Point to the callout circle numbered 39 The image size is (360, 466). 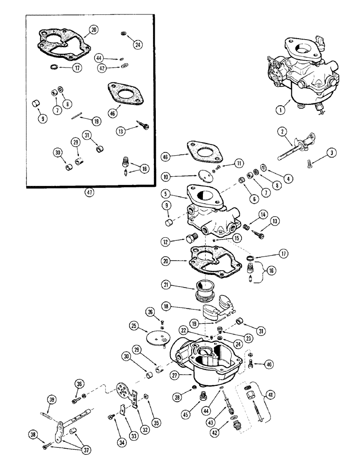click(51, 399)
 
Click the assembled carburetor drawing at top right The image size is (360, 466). click(301, 75)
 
